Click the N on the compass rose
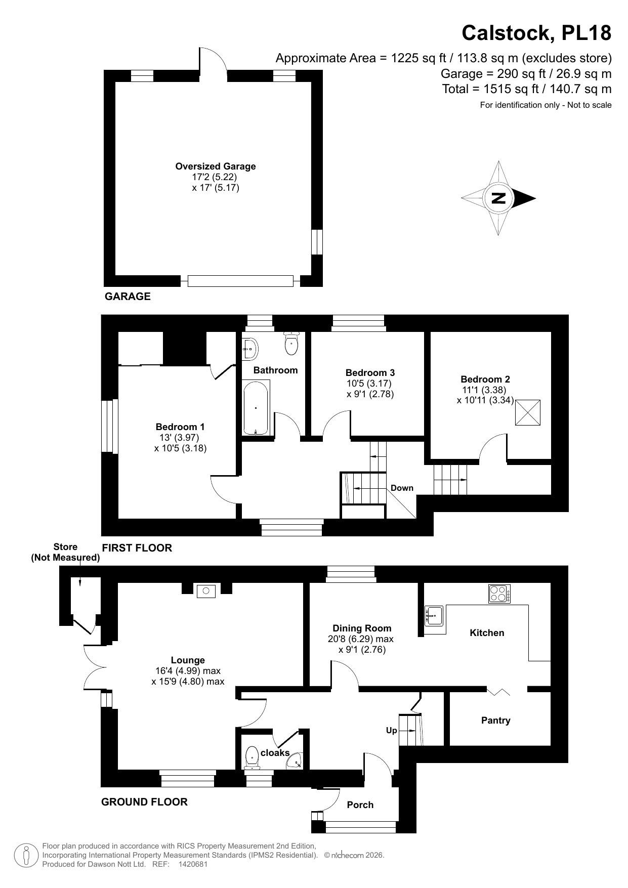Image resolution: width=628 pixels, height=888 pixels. (499, 198)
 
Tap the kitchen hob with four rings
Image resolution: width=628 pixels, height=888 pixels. (499, 594)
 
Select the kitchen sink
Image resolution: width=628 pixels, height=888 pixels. (435, 615)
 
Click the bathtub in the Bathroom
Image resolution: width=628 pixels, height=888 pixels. (256, 408)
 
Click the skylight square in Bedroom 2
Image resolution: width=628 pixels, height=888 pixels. (528, 412)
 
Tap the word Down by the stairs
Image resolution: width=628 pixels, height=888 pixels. (402, 488)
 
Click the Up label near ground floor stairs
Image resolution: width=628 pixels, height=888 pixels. (392, 731)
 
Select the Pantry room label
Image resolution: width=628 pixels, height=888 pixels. (495, 720)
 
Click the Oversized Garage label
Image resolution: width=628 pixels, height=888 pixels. (216, 166)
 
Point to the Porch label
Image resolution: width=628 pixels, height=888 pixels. (360, 805)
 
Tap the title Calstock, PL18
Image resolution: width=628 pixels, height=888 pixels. (536, 33)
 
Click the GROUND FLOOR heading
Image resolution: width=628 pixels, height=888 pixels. (144, 801)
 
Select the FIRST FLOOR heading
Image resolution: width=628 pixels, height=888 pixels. (137, 547)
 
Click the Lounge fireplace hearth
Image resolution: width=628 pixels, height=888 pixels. (206, 589)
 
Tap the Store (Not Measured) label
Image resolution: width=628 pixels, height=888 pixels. (65, 552)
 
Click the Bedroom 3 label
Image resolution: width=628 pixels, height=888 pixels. (370, 373)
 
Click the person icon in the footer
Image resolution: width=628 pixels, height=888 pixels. (26, 855)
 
